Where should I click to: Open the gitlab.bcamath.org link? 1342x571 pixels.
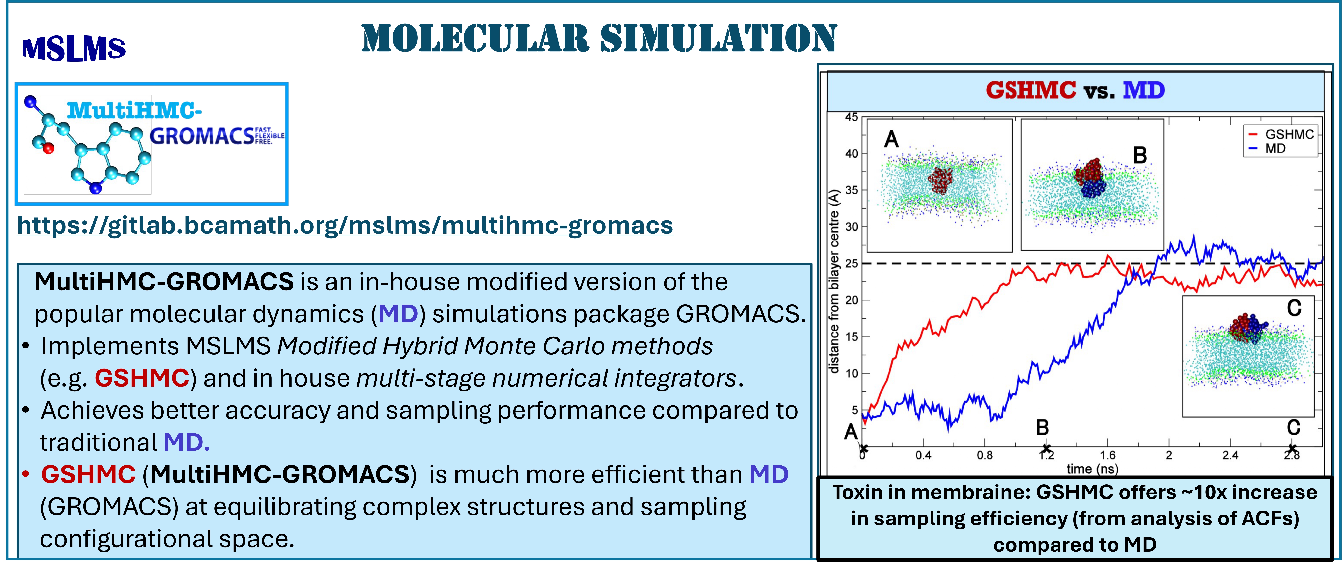[x=345, y=225]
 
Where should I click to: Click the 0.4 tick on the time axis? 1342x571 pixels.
[x=923, y=455]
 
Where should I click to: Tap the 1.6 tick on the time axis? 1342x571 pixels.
[x=1108, y=455]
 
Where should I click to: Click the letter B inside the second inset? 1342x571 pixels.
[x=1140, y=155]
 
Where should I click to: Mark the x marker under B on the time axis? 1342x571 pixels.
[x=1046, y=449]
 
